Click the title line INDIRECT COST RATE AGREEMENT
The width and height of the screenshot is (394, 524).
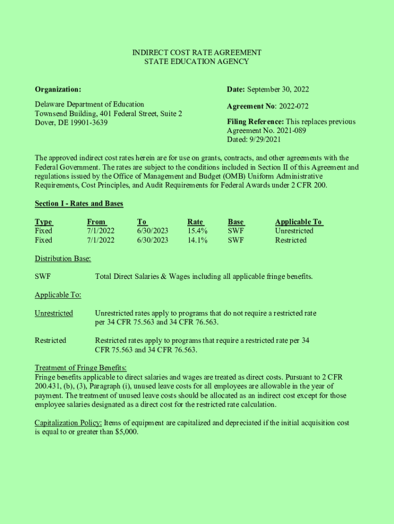click(x=197, y=53)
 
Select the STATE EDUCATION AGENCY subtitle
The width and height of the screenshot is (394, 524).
click(x=197, y=61)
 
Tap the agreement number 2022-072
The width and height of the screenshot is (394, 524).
click(x=293, y=106)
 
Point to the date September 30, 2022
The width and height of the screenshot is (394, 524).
click(x=278, y=90)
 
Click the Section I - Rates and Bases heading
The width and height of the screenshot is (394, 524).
click(x=79, y=204)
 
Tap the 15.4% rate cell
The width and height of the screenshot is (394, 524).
click(x=198, y=231)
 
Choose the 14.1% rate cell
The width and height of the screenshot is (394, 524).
click(x=198, y=240)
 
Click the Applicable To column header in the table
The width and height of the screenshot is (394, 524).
click(x=299, y=222)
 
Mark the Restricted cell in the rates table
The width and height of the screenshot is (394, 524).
click(x=291, y=240)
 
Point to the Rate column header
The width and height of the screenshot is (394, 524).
click(x=195, y=222)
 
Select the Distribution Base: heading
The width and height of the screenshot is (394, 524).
click(x=63, y=258)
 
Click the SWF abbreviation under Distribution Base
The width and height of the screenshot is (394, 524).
click(x=42, y=277)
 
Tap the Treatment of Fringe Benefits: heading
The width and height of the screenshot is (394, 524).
click(x=80, y=368)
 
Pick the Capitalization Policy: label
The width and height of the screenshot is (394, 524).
click(x=68, y=423)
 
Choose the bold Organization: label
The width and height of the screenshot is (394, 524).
click(x=58, y=90)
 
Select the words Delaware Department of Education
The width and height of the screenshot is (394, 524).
click(x=90, y=104)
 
